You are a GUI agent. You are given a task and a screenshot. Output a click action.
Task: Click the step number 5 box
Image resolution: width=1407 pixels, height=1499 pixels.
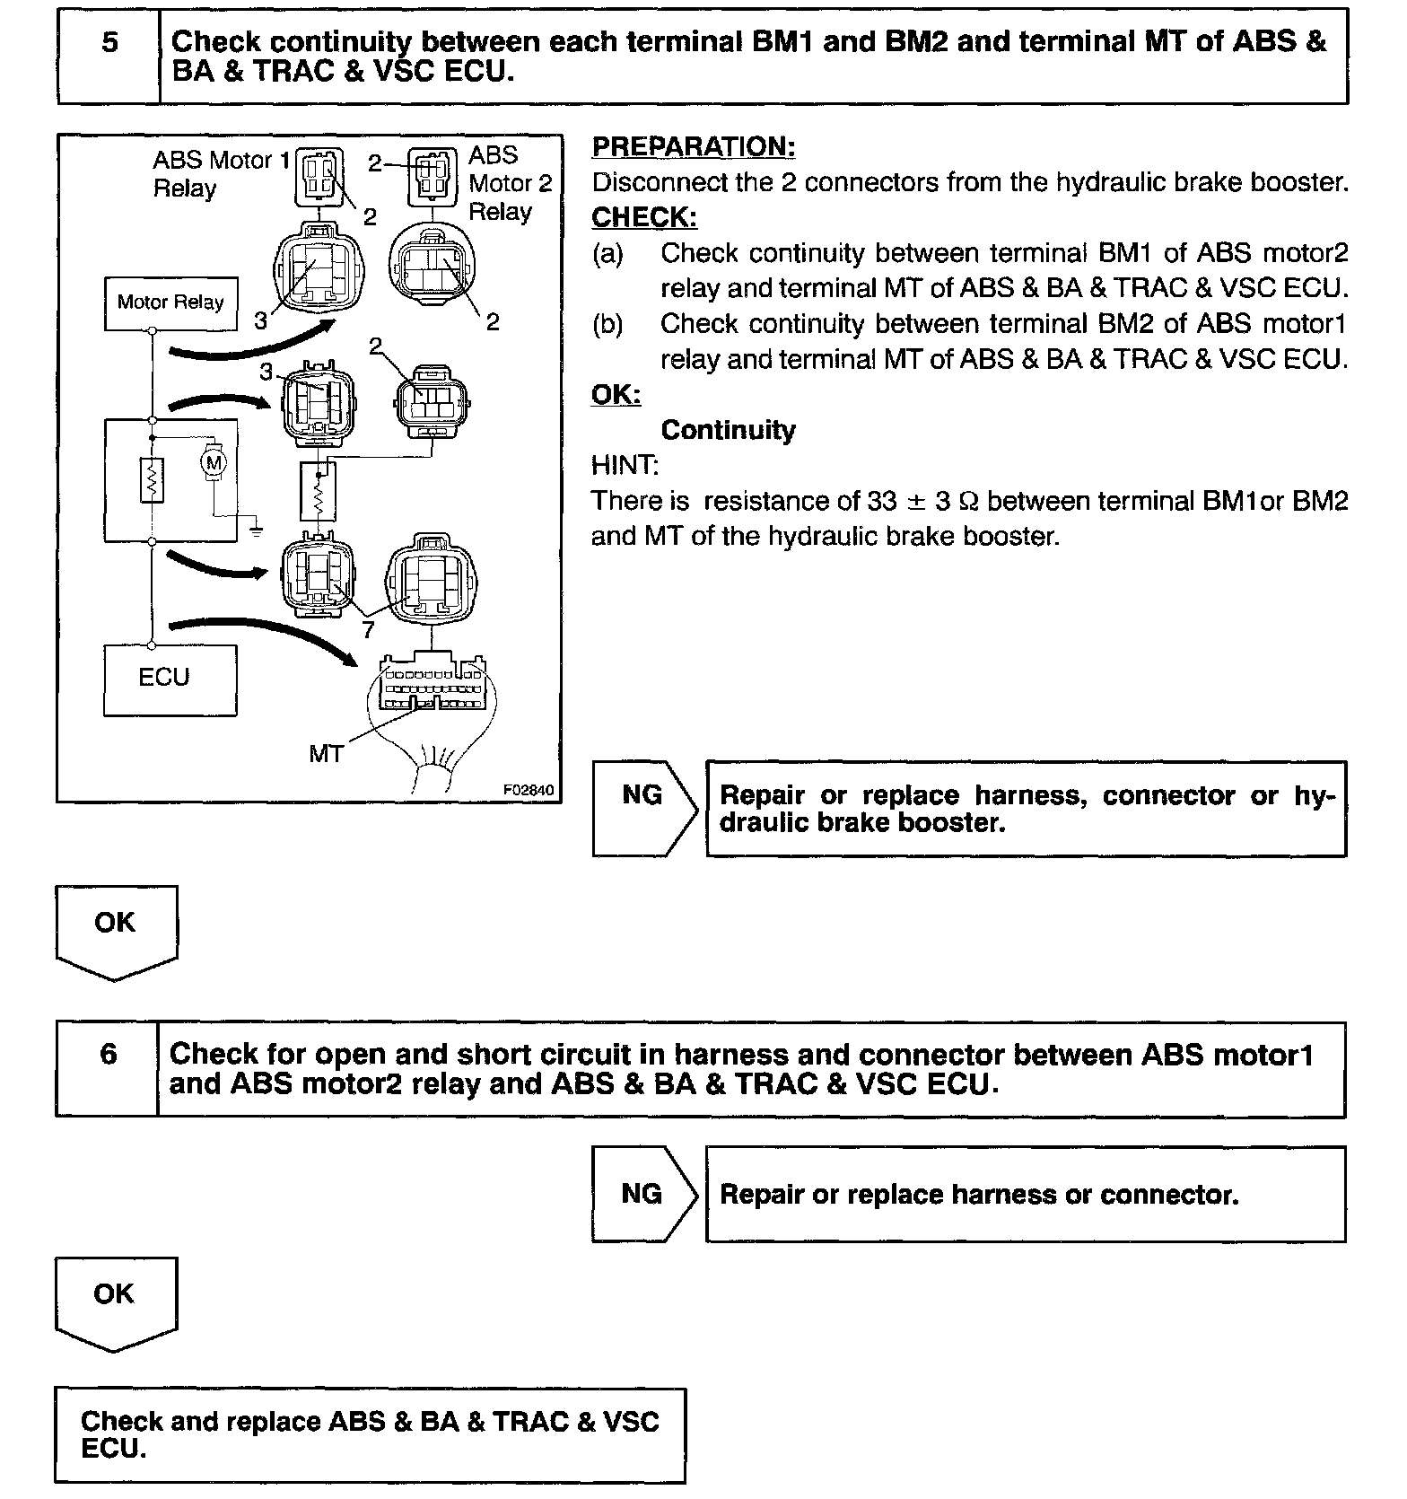(x=109, y=56)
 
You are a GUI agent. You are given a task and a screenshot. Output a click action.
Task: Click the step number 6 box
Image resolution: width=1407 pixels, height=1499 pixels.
(x=107, y=1068)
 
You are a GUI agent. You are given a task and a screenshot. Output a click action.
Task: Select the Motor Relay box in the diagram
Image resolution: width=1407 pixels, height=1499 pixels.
(x=170, y=303)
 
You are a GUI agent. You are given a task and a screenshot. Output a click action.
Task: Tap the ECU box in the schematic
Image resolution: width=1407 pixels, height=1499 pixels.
(x=170, y=679)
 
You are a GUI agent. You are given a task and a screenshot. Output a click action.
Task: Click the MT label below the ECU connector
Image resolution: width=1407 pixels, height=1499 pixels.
(x=326, y=754)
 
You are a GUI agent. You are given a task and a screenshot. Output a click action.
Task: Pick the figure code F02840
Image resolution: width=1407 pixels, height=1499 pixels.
(x=528, y=791)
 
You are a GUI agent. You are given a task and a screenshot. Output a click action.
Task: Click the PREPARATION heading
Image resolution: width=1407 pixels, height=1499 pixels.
(x=693, y=147)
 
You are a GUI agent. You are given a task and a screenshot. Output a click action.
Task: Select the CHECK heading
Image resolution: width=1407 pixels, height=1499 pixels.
(x=643, y=218)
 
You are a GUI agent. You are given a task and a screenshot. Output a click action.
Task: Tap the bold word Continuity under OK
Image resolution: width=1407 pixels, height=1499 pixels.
(x=728, y=431)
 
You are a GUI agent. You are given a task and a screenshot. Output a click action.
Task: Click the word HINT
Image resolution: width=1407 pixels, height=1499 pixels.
(x=625, y=465)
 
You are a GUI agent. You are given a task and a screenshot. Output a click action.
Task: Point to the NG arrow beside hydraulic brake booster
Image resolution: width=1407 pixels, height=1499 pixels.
(x=643, y=808)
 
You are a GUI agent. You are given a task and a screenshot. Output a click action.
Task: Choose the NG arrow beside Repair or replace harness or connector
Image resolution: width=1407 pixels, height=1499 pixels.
(x=643, y=1194)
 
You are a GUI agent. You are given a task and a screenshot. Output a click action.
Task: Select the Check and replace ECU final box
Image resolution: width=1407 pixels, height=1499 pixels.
(x=370, y=1433)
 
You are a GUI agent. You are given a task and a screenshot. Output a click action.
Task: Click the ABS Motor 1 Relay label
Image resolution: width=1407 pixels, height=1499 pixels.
(x=221, y=174)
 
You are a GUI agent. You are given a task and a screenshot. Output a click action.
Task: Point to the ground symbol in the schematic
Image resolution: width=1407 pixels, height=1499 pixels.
(x=256, y=530)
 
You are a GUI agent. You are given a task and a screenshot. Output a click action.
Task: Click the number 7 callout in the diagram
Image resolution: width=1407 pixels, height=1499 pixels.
(x=368, y=630)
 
